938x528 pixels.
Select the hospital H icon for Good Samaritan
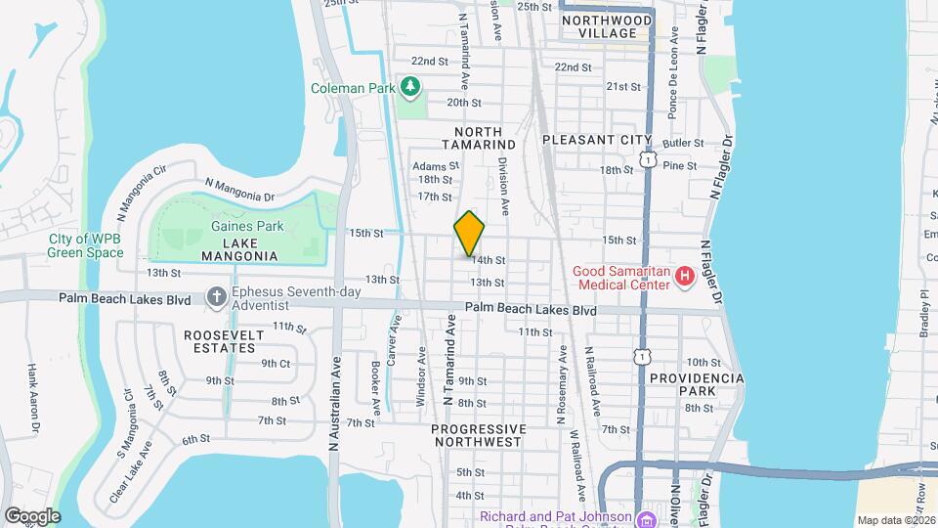685,277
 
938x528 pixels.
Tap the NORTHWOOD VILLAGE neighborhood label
607,26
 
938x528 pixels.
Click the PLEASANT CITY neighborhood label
596,140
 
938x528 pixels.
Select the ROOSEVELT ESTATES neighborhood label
224,341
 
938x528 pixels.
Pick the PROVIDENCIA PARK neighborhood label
697,384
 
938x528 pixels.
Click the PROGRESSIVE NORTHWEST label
479,435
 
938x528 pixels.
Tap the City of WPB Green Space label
86,245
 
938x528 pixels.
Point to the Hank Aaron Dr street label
33,398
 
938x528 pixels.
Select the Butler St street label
683,143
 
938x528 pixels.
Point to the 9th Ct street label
276,363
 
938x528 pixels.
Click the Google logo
31,516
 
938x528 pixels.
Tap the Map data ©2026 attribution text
895,520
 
